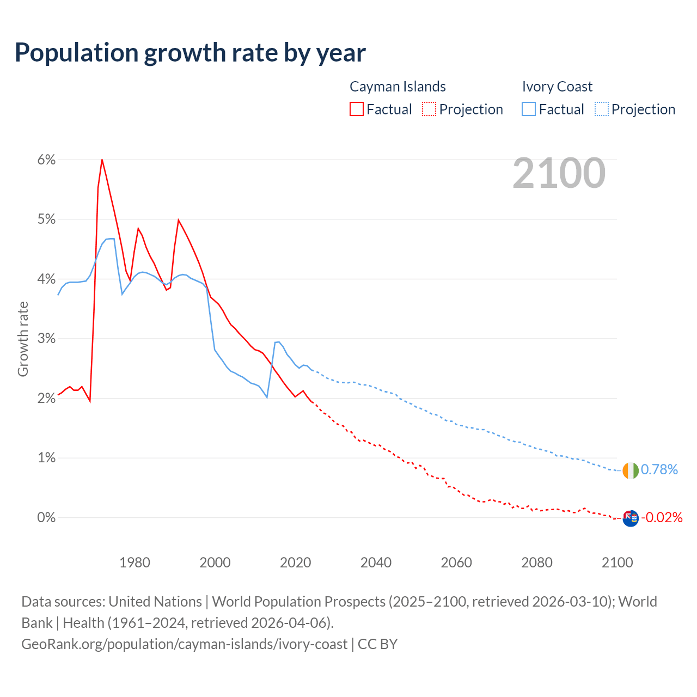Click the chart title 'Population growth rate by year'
(190, 53)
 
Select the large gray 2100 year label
(559, 173)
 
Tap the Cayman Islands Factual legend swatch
(357, 109)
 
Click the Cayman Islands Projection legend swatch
(429, 109)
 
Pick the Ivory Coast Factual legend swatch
(529, 109)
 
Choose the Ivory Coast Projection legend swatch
(602, 109)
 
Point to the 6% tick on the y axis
(47, 160)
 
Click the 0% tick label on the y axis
(47, 517)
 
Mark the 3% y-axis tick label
(47, 339)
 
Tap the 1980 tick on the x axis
(134, 563)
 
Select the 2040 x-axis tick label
(376, 563)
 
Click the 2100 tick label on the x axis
(617, 563)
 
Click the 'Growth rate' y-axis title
(23, 339)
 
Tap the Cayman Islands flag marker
(630, 518)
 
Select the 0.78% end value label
(659, 469)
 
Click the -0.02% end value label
(662, 517)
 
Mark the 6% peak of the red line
(102, 160)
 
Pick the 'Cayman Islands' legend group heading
(398, 87)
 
